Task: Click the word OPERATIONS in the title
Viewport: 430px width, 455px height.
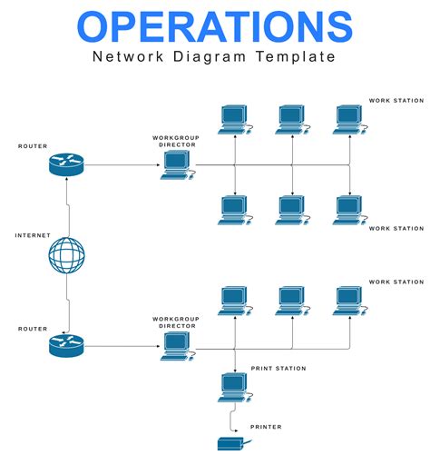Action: [x=214, y=27]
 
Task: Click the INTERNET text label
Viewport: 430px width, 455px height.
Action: [x=33, y=235]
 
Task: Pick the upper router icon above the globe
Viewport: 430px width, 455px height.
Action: [x=66, y=164]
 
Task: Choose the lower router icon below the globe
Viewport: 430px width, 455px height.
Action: [x=66, y=345]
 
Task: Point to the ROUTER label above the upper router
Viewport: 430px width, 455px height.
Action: [x=33, y=145]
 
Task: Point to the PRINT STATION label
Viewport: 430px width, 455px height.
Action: [x=278, y=368]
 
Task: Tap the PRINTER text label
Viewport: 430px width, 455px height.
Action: [x=266, y=427]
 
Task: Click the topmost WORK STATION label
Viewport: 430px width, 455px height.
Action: [x=396, y=100]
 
